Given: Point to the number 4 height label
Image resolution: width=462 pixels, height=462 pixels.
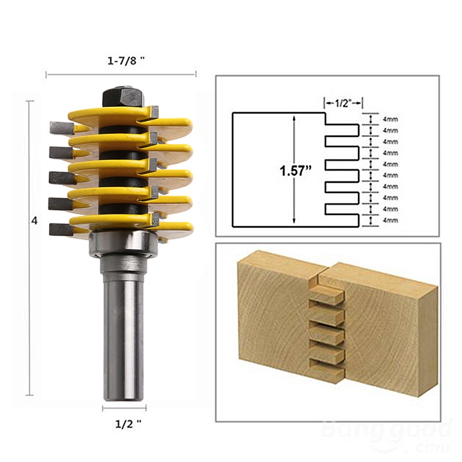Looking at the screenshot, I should (35, 221).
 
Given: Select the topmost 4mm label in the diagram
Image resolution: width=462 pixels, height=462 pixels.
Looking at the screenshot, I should (390, 119).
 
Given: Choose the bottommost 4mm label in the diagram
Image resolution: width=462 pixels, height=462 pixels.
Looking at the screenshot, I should (390, 220).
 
